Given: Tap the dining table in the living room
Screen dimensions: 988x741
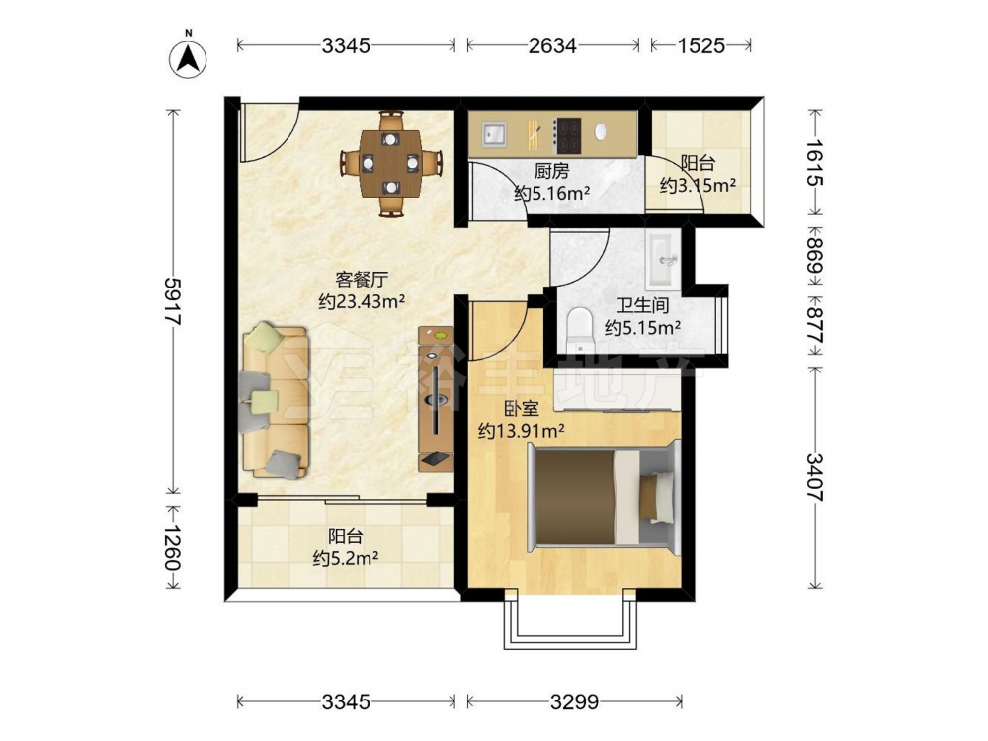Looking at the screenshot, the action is point(390,163).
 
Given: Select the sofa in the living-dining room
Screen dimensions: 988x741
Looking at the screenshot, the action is point(276,401).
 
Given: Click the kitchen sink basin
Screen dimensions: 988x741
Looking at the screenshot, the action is point(494,134).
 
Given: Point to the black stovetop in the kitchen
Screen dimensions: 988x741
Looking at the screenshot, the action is point(568,135).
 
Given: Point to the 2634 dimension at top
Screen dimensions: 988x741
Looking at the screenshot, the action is point(552,45).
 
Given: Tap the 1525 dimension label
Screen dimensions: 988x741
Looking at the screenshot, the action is point(700,45).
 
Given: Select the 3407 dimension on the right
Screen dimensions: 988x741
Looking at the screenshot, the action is point(815,477).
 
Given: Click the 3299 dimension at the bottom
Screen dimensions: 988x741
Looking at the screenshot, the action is point(574,701).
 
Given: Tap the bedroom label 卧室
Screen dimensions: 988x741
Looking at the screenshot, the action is point(521,409).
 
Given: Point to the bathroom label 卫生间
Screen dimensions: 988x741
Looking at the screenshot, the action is point(642,306).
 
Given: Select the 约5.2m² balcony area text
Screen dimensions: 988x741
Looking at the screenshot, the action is point(345,558).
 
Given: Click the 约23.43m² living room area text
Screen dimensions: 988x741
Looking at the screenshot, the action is point(361,301).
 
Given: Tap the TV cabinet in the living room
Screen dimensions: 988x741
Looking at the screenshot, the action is point(436,399).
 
